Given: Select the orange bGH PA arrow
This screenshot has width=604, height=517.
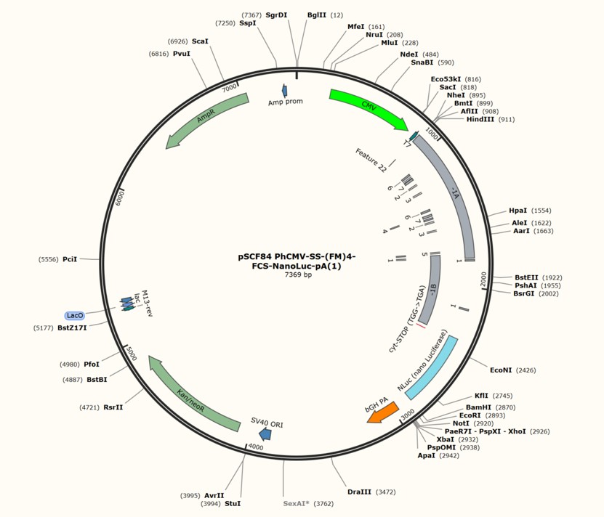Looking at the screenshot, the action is click(383, 412).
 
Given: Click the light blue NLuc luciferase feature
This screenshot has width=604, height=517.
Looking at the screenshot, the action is click(432, 369).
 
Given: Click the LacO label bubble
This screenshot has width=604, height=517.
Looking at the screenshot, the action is click(75, 316).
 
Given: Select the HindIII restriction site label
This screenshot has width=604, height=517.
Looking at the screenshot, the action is click(480, 119).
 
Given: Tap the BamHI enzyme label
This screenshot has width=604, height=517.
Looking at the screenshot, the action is click(478, 407).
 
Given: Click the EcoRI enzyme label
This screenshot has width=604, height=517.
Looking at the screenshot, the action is click(470, 415).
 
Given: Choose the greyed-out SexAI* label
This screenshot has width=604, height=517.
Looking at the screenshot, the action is click(297, 503).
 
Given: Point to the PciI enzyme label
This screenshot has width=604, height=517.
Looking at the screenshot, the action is click(70, 259).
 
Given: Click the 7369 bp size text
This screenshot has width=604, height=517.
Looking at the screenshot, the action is click(298, 275).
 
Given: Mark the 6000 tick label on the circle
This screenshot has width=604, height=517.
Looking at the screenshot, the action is click(118, 199).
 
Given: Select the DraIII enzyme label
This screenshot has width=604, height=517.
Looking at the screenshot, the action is click(359, 492).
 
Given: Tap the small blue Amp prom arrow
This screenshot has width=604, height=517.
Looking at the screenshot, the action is click(285, 91).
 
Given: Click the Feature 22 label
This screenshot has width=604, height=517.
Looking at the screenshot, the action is click(371, 160).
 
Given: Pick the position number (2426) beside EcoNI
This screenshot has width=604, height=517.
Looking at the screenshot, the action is click(526, 370).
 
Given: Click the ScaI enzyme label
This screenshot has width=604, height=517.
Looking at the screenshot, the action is click(200, 41).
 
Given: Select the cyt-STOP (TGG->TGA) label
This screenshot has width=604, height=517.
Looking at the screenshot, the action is click(407, 319).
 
